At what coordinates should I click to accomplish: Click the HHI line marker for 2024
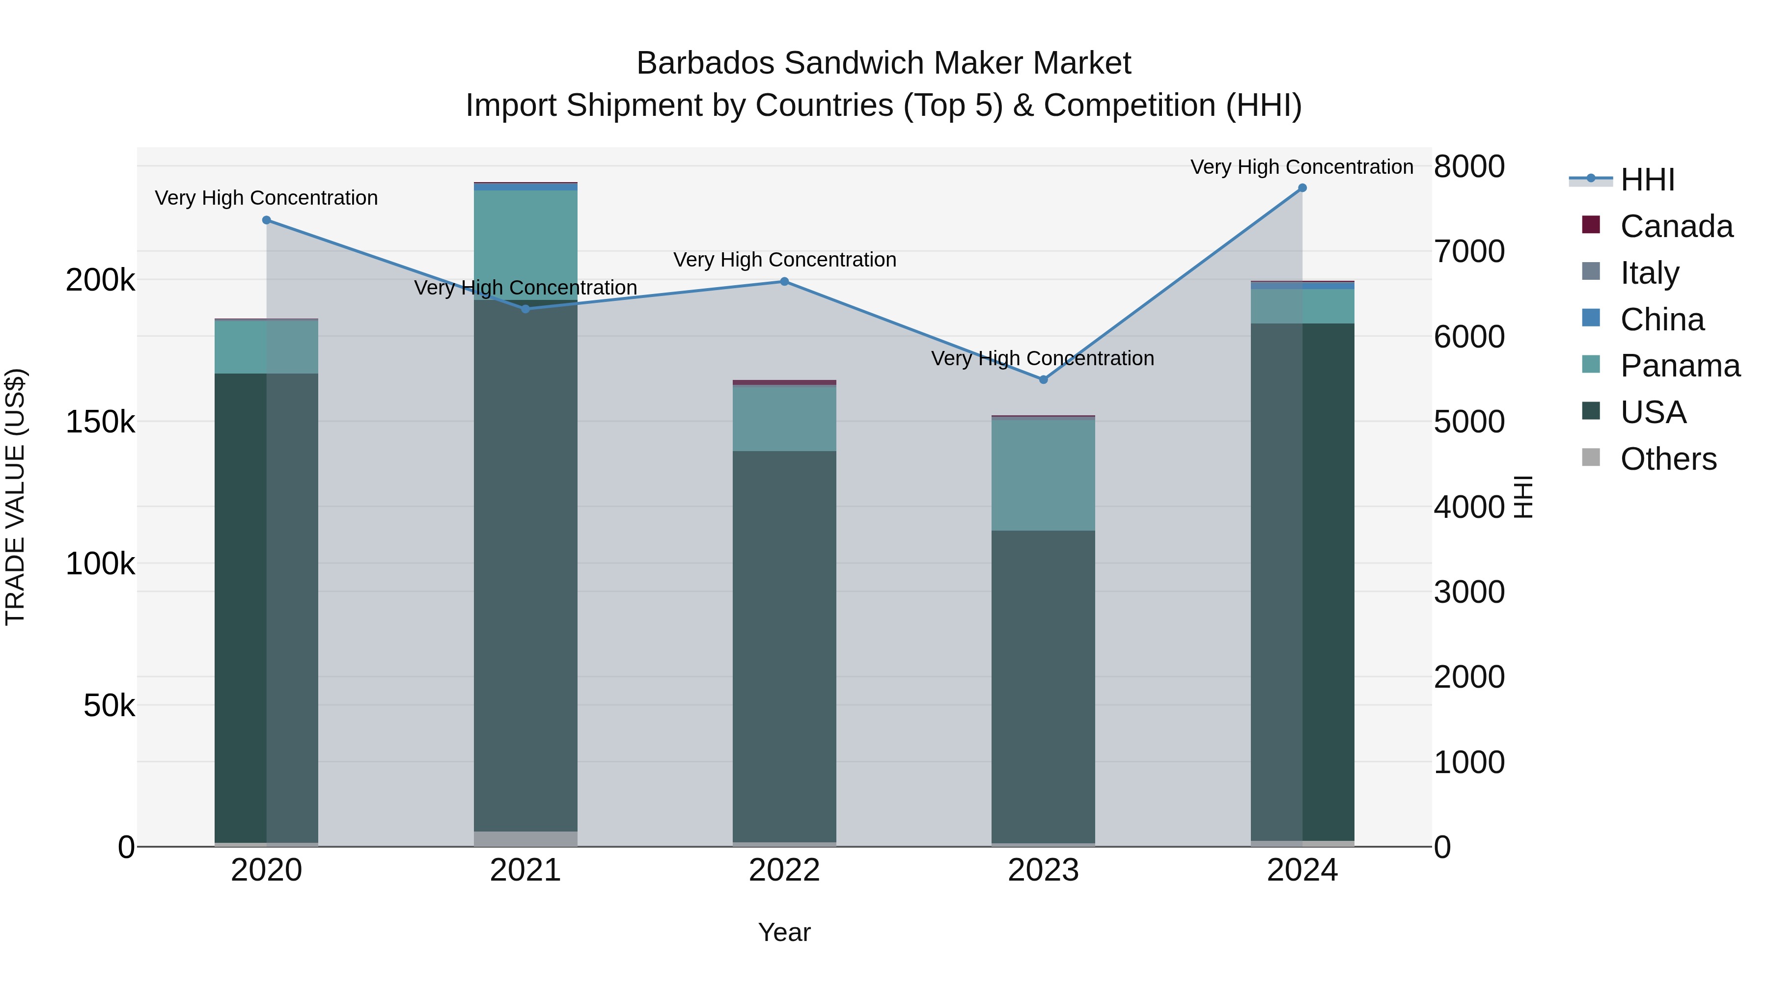tap(1302, 188)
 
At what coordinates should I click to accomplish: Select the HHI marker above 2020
tap(266, 220)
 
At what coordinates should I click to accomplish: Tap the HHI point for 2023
tap(1043, 379)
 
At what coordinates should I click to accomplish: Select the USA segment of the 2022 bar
tap(784, 645)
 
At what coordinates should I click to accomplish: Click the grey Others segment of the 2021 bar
tap(525, 838)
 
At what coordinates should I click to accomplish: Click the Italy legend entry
tap(1649, 272)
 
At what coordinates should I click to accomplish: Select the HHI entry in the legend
tap(1647, 180)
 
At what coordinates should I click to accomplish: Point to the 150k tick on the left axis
tap(100, 422)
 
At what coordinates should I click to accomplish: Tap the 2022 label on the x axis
tap(784, 870)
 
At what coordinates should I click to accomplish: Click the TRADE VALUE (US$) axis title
tap(15, 497)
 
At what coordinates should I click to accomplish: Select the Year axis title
tap(784, 932)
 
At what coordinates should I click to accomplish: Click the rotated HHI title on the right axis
tap(1523, 497)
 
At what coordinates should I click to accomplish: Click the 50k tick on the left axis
tap(109, 705)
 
